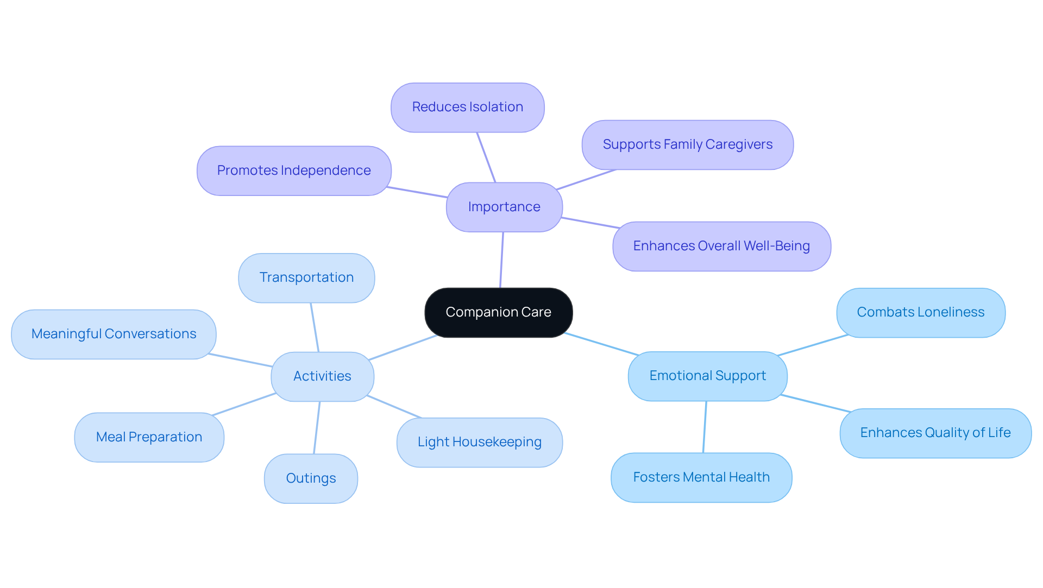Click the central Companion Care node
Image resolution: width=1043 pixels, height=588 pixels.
pos(498,312)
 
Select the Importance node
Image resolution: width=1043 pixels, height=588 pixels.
pos(504,207)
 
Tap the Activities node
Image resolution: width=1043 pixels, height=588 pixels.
pos(322,376)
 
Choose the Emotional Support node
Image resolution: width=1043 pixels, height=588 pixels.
pos(707,376)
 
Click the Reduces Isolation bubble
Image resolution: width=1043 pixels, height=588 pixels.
pos(467,107)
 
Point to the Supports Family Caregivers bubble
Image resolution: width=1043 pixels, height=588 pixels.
pos(687,144)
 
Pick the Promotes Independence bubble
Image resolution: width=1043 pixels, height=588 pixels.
pos(294,170)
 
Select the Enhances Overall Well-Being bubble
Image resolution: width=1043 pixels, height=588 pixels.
pos(721,246)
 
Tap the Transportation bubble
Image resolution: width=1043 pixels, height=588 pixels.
pos(306,277)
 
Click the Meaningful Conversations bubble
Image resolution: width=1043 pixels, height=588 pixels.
pos(114,334)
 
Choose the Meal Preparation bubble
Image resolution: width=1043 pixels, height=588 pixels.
pos(149,437)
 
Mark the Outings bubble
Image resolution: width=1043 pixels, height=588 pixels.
pos(311,478)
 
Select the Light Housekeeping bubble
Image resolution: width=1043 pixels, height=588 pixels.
pos(479,442)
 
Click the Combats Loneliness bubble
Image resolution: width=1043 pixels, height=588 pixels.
pos(920,312)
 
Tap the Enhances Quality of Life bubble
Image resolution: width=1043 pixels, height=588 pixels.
pos(935,433)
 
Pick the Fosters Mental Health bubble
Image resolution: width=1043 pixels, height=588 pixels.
pos(701,477)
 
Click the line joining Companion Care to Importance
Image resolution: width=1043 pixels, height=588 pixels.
pos(501,260)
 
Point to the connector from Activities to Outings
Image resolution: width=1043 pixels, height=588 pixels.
pos(317,428)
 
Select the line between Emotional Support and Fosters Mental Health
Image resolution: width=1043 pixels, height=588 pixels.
pos(705,427)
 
